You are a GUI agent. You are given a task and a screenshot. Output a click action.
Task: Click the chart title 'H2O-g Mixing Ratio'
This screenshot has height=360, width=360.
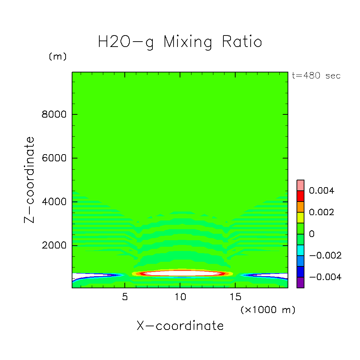click(180, 42)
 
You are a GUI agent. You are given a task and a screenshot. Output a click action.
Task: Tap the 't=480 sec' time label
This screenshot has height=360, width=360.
click(314, 76)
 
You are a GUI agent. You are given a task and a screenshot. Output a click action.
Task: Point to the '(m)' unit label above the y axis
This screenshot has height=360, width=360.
click(58, 57)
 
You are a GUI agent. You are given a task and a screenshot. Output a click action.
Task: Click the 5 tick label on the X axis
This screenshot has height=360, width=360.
click(125, 297)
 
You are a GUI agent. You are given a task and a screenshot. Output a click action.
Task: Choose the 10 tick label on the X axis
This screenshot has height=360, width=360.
click(180, 297)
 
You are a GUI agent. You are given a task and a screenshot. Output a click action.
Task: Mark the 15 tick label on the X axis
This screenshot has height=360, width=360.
click(235, 297)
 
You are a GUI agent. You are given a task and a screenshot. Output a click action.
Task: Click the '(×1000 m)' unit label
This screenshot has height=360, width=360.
click(268, 310)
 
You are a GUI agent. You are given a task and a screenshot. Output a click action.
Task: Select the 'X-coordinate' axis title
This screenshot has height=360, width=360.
click(180, 326)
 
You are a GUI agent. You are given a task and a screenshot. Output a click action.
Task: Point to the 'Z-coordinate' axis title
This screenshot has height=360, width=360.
click(30, 180)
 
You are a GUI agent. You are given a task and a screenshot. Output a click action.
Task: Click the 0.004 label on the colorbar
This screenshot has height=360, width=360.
click(322, 191)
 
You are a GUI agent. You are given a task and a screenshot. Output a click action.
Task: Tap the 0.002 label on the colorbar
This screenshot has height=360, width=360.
click(322, 212)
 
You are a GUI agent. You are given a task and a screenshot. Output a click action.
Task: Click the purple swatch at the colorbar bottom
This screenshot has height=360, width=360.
click(300, 283)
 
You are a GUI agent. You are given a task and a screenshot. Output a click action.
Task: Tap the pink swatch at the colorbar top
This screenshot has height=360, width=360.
click(300, 185)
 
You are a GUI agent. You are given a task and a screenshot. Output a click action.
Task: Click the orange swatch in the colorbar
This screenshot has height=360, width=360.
click(300, 207)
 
